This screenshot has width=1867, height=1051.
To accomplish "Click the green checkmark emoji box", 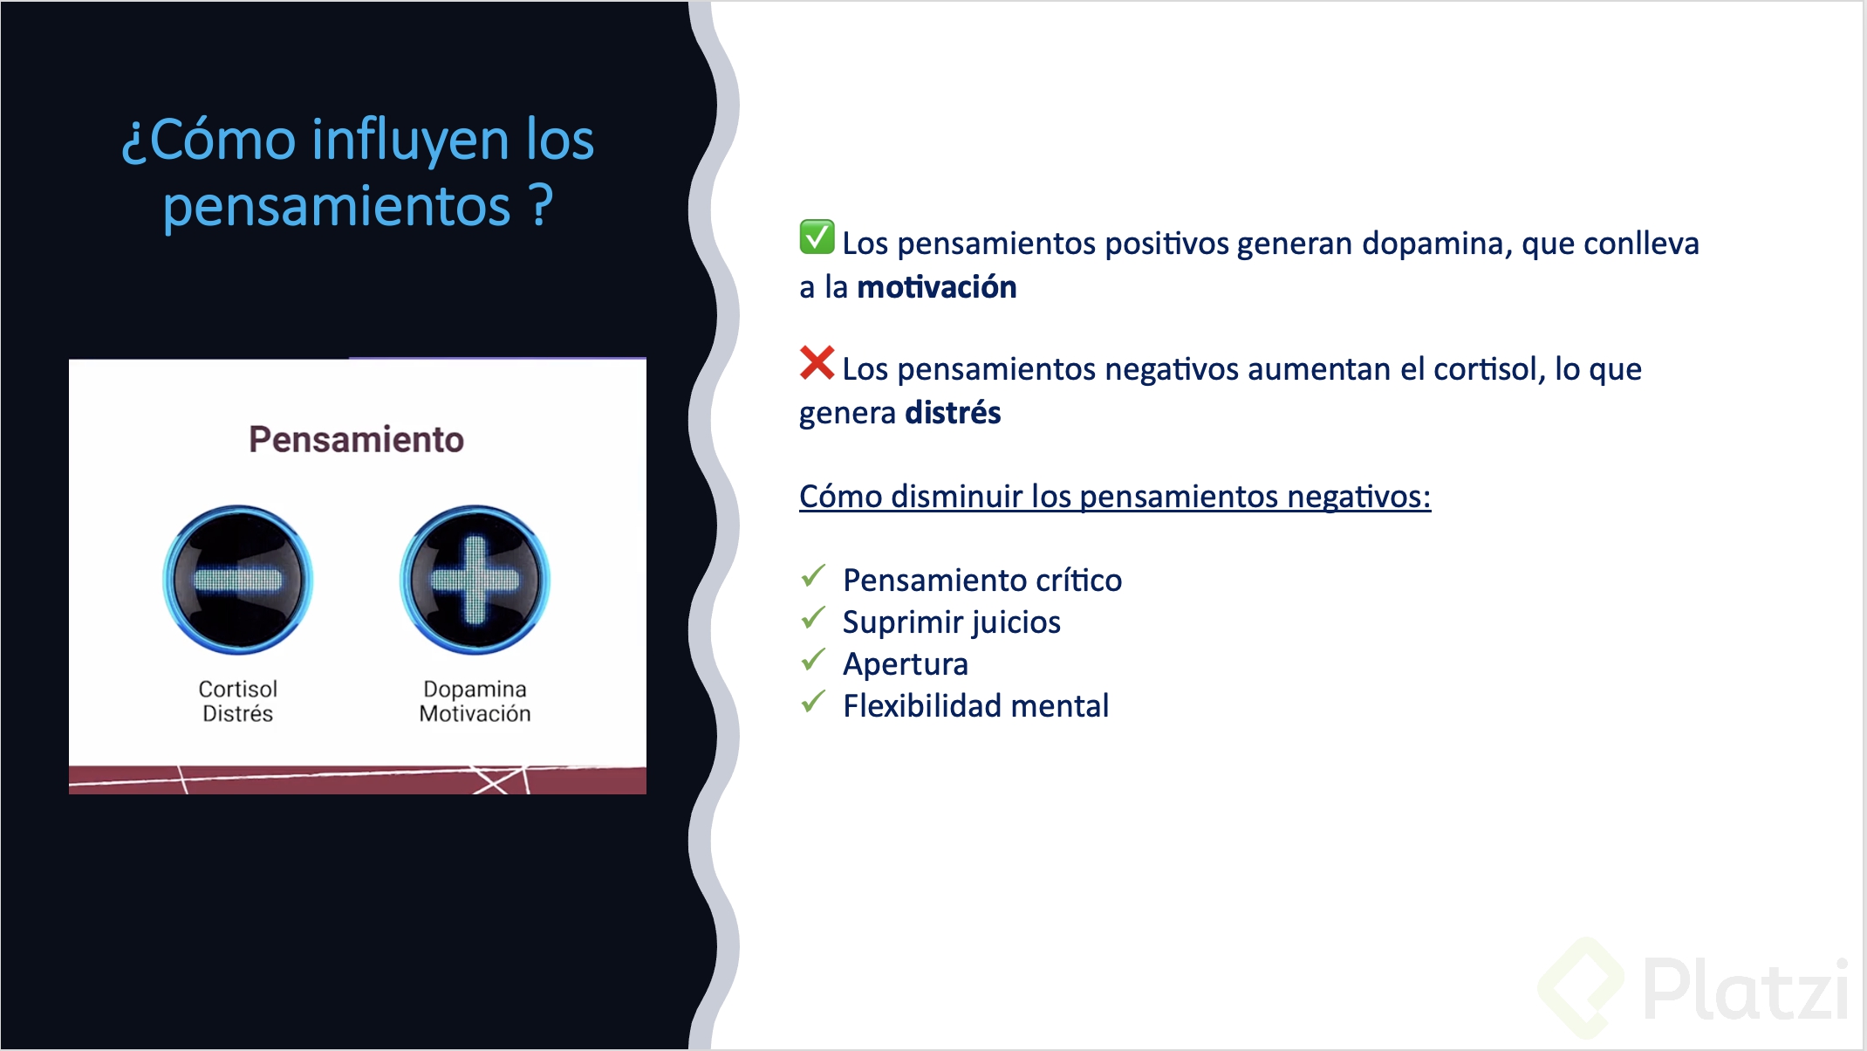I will click(x=817, y=237).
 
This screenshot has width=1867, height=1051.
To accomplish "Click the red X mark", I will click(x=817, y=363).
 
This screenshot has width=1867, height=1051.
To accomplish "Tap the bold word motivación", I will click(x=936, y=287).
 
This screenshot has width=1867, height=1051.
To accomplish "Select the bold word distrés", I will click(x=953, y=413).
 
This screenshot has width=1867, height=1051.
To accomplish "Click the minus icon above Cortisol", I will click(x=237, y=580).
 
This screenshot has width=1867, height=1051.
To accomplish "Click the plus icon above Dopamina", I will click(x=475, y=580).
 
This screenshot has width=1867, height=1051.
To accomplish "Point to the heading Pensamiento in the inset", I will click(x=356, y=439).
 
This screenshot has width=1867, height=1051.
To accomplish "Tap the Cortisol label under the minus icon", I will click(x=237, y=689).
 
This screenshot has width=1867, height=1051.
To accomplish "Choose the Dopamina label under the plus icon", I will click(x=475, y=689).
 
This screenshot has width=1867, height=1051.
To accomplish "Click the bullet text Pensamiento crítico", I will click(x=982, y=580).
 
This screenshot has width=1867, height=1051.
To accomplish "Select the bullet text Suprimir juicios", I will click(x=951, y=622).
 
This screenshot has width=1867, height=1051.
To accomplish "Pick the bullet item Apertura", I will click(x=905, y=664).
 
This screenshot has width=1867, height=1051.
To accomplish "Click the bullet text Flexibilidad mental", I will click(x=975, y=706).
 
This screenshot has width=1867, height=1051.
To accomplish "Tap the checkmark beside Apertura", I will click(x=813, y=660).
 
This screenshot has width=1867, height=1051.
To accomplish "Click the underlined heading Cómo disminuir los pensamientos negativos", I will click(x=1114, y=497).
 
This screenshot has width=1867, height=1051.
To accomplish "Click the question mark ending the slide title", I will click(x=542, y=206).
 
